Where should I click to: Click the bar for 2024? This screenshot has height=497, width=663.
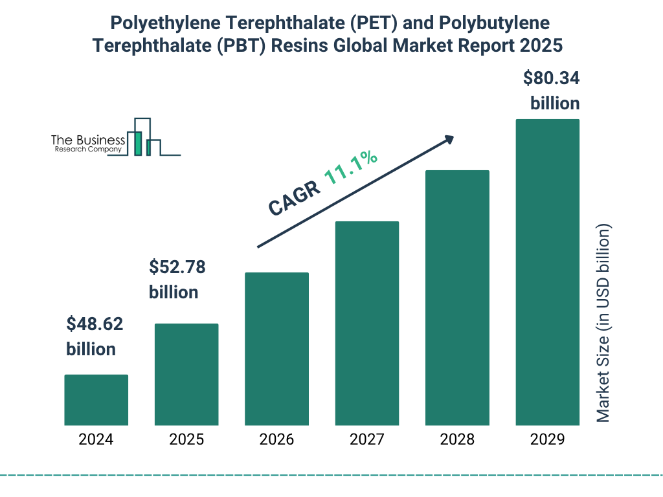click(x=96, y=400)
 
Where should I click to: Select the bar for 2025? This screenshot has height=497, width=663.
click(x=186, y=374)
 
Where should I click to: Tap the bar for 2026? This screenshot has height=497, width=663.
click(x=276, y=349)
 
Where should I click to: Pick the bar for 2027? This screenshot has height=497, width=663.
click(x=366, y=323)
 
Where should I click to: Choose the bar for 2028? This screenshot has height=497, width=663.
click(x=457, y=298)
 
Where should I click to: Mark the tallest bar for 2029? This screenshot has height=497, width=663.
click(x=547, y=272)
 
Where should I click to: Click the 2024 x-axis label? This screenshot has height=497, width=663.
click(x=96, y=440)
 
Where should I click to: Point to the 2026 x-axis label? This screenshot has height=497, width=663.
click(x=276, y=440)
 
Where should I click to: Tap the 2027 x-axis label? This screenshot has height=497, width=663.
click(x=366, y=440)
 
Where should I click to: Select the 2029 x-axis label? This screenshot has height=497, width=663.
click(x=547, y=440)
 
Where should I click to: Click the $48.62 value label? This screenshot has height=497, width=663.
click(x=95, y=324)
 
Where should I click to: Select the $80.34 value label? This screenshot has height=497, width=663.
click(x=552, y=79)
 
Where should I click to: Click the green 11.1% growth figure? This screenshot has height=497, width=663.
click(x=351, y=168)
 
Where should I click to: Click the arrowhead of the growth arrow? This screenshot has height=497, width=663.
click(x=448, y=139)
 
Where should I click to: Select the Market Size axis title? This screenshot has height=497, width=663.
click(x=603, y=323)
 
